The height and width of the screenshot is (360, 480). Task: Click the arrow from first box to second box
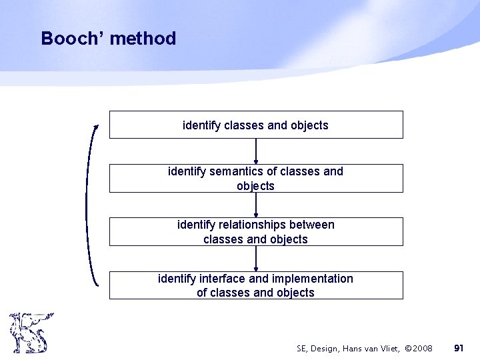pos(256,151)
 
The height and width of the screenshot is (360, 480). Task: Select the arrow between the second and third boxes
pos(256,205)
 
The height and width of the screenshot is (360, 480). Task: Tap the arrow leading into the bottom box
pos(256,259)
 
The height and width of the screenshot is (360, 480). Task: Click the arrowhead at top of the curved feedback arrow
pos(96,127)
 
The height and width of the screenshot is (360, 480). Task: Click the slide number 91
pos(459,348)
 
